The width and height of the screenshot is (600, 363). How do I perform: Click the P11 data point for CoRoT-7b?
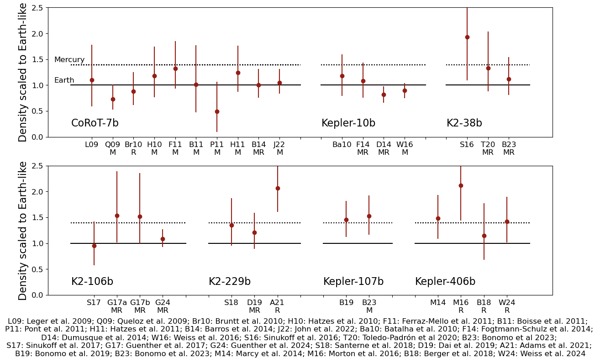(x=217, y=111)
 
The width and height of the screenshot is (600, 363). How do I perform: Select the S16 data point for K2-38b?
(x=467, y=37)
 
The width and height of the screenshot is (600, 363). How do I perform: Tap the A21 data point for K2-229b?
(x=277, y=188)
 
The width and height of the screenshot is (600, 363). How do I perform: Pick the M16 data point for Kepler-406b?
(x=461, y=185)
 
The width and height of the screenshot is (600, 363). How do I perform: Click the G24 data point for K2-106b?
(x=163, y=239)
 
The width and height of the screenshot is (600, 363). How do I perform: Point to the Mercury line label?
(x=69, y=60)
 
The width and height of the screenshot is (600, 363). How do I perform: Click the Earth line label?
(x=64, y=80)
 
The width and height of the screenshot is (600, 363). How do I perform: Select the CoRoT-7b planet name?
(x=95, y=123)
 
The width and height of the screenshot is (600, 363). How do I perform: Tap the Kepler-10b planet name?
(x=348, y=123)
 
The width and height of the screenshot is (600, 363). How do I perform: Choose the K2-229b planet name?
(x=230, y=282)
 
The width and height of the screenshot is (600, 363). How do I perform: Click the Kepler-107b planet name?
(x=353, y=282)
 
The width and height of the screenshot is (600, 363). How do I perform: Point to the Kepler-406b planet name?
(x=445, y=282)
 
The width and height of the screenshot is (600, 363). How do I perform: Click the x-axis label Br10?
(x=133, y=145)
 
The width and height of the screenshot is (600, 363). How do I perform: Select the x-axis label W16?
(x=405, y=145)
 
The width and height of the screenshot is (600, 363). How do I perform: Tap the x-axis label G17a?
(x=117, y=303)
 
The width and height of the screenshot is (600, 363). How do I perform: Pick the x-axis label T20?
(x=488, y=145)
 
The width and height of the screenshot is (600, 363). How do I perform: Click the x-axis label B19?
(x=346, y=303)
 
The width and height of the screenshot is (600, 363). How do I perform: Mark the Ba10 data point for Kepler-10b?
(x=342, y=76)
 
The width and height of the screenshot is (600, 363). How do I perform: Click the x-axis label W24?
(x=507, y=303)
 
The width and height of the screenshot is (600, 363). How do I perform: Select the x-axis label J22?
(x=279, y=145)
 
